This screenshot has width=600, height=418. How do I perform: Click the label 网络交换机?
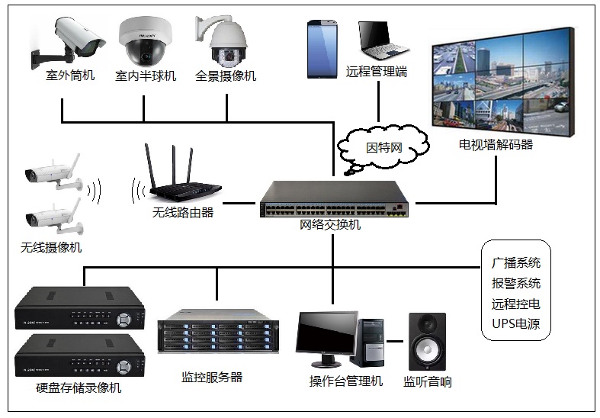click(330, 225)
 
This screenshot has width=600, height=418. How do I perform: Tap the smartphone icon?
click(322, 49)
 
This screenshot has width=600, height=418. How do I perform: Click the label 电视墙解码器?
click(496, 144)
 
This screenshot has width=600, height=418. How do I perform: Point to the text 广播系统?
click(516, 262)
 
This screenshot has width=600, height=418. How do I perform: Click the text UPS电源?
click(516, 324)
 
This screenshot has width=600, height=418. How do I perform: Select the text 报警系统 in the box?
click(516, 283)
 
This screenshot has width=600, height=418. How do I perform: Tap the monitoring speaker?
click(427, 341)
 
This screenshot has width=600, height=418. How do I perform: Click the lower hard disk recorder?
click(79, 358)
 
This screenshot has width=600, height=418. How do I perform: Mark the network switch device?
click(334, 201)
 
